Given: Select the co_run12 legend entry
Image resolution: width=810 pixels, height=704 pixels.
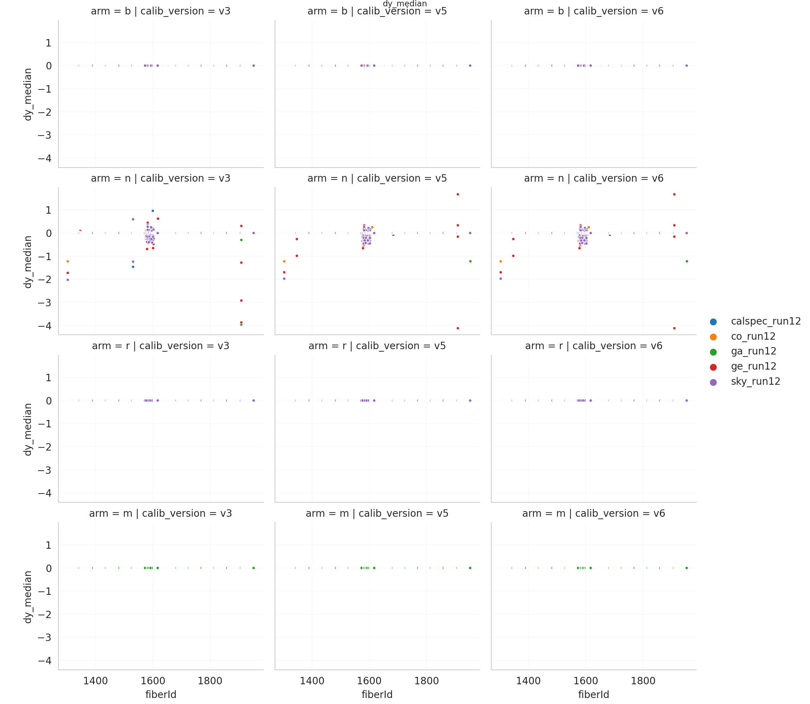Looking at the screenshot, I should coord(753,336).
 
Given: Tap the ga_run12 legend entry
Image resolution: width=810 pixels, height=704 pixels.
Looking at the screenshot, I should coord(753,351).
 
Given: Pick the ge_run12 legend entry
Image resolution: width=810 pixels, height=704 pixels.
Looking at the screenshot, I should coord(753,366).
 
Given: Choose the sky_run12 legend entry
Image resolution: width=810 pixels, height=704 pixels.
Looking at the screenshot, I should coord(755,382).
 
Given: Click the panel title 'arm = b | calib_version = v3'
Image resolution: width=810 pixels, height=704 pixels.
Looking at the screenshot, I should coord(160,11).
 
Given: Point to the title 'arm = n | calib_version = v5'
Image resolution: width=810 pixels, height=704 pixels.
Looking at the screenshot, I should coord(377,178).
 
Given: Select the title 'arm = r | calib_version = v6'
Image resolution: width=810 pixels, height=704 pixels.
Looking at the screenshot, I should coord(593,346).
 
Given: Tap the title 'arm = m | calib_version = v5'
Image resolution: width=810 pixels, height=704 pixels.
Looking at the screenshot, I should coord(377,514).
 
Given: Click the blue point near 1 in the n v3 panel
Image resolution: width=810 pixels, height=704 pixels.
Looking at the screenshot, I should coord(153,211).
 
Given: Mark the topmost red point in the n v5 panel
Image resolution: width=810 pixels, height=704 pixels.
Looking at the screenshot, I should coord(458,194).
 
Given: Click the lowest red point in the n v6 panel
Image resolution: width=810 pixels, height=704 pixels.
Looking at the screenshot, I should coord(674,328).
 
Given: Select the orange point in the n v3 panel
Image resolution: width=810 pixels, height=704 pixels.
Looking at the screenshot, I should coord(68,261).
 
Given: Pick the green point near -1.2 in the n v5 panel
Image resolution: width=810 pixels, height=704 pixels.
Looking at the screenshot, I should coord(471,261).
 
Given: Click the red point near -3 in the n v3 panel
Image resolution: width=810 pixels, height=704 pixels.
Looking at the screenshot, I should coord(241,301).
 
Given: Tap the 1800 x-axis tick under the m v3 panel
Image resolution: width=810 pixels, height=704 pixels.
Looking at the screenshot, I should coord(210,681).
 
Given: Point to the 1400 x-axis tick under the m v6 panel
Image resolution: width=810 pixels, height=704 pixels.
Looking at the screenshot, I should coord(528,681).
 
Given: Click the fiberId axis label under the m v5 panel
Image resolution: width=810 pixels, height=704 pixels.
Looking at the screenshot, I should coord(377,694).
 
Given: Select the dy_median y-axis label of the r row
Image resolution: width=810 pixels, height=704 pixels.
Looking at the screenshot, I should coord(27,429).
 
